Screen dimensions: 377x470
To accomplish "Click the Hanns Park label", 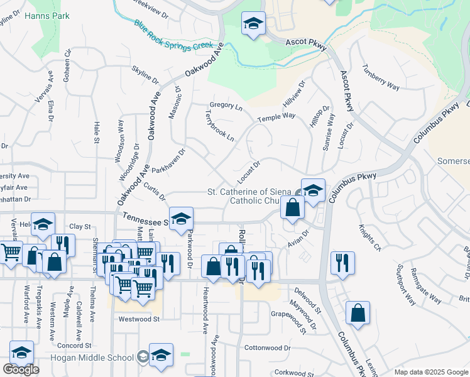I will coord(46,16).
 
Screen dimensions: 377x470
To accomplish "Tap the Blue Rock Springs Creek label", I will coord(174,36).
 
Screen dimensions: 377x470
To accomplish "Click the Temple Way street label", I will coord(276,117).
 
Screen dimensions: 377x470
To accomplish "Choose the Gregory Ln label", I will coord(226,106).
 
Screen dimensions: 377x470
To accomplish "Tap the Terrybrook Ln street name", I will coord(219,126).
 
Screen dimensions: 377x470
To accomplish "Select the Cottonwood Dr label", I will coord(268,347).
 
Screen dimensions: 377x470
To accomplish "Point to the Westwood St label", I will coord(139,319).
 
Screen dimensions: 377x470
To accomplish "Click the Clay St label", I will coord(80,226).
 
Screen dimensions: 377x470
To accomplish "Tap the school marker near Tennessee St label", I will coord(181,218).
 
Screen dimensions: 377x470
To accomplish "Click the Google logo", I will coord(21,369).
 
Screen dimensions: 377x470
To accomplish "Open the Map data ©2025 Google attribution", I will coord(431,372).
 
